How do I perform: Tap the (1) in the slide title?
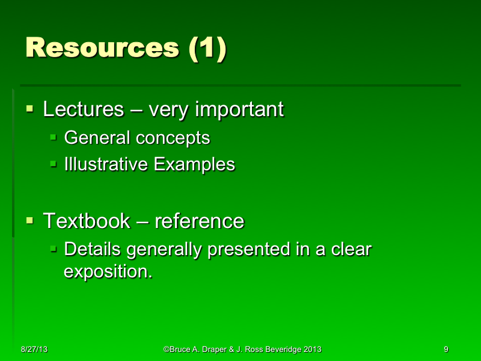(207, 48)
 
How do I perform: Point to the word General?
(97, 138)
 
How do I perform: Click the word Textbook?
(87, 221)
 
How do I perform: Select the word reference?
(200, 221)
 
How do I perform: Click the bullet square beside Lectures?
(29, 110)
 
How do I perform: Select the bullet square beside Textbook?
(29, 221)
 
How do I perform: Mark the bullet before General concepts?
(53, 138)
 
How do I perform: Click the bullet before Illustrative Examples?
(53, 164)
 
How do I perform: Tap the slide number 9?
(446, 349)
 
